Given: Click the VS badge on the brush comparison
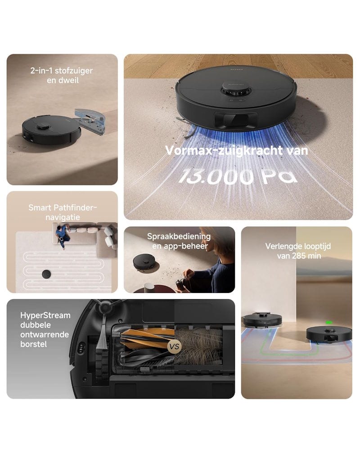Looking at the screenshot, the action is pos(174,346).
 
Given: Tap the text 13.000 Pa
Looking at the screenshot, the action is pos(238,176).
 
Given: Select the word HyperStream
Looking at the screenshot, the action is pos(45,315).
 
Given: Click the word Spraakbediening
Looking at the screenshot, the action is pos(179,237).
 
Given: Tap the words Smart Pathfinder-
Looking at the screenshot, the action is pos(63,207).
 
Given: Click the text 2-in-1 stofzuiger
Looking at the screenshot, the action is pos(62,71).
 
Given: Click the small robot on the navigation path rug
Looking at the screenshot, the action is pos(46,274).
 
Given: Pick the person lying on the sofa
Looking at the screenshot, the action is pos(63,236).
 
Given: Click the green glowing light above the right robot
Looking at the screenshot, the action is pos(329,323).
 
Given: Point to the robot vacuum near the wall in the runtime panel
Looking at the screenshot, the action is pos(262,320).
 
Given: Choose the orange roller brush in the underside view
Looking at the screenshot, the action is pos(146,339).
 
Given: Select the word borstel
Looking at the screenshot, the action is pos(34,344).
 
